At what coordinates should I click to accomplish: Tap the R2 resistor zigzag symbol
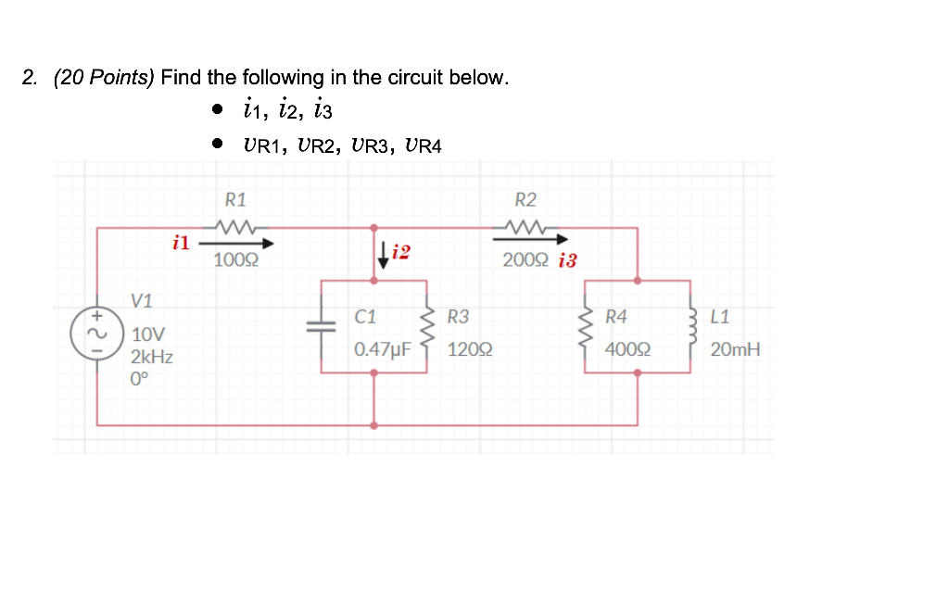525,226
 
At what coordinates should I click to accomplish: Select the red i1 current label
181,243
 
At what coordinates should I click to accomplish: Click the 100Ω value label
235,260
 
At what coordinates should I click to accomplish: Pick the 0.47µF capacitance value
382,351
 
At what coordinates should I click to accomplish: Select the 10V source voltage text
148,334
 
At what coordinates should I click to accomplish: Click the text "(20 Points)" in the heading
104,77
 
